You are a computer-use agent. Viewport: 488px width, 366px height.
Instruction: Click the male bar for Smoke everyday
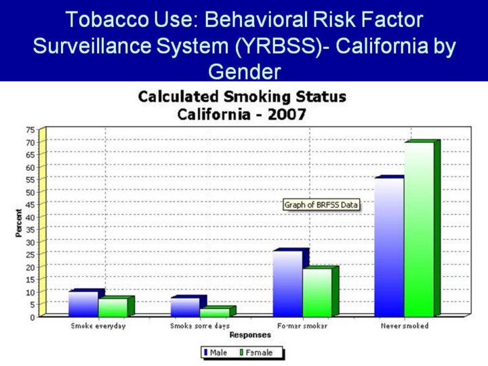[x=83, y=304]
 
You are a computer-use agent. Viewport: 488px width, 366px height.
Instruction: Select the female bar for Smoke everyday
[x=113, y=307]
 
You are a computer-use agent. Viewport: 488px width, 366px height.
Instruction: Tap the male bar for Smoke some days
[x=184, y=307]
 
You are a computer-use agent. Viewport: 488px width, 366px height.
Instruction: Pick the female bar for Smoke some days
[x=214, y=312]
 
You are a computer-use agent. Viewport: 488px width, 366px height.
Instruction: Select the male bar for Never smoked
[x=388, y=247]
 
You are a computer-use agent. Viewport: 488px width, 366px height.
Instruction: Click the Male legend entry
[x=216, y=352]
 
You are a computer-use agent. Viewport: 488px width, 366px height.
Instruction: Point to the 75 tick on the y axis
[x=30, y=129]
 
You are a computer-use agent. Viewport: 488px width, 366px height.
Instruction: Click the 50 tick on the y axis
[x=30, y=191]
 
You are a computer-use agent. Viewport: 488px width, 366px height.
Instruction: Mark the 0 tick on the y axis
[x=33, y=317]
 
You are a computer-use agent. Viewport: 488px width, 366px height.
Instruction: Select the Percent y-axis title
[x=19, y=222]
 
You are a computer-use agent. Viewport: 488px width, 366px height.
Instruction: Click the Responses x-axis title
[x=250, y=335]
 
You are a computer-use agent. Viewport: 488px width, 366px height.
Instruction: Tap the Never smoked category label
[x=405, y=326]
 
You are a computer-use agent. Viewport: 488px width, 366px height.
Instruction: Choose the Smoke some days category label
[x=200, y=326]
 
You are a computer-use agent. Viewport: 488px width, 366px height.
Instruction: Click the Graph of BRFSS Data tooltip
[x=321, y=205]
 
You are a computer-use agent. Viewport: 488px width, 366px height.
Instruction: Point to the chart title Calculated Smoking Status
[x=242, y=96]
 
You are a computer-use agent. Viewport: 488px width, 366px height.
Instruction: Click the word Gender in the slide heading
[x=244, y=70]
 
